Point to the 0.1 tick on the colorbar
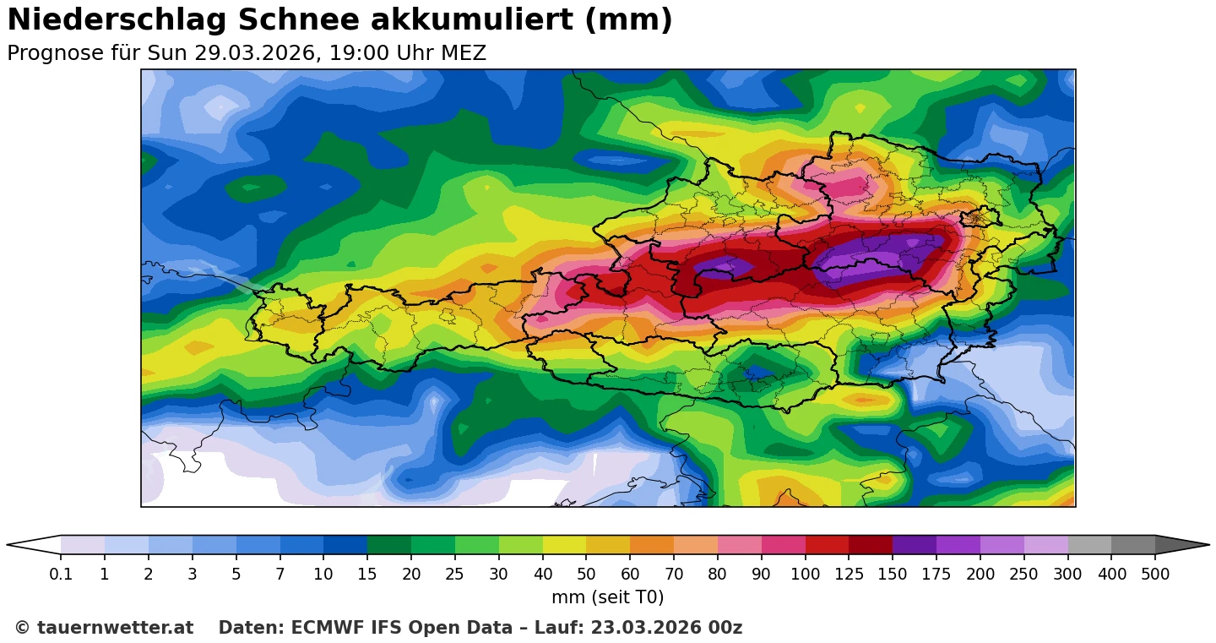pos(61,575)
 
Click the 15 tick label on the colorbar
pos(367,575)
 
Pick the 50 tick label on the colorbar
pos(586,575)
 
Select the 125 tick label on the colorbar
pos(849,575)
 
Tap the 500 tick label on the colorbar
pos(1155,575)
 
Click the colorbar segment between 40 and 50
pos(564,545)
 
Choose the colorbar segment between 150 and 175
pos(915,545)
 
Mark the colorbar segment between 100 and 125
pos(827,545)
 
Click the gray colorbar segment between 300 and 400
pos(1089,545)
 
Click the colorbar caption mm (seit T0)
pos(607,597)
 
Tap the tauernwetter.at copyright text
pos(104,628)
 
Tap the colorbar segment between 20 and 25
pos(433,545)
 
